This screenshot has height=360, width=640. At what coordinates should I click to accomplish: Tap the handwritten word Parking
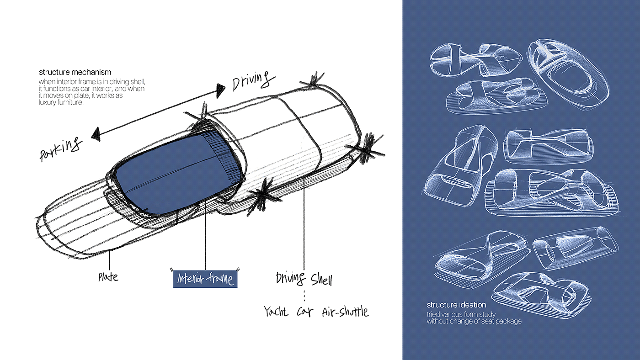(x=61, y=148)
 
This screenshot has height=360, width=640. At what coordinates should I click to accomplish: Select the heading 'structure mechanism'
(x=75, y=72)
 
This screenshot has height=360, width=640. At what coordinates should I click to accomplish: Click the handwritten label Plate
(x=108, y=276)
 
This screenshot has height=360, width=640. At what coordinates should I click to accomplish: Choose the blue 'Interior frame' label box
(x=206, y=278)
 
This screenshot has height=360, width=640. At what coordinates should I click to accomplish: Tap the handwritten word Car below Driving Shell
(x=304, y=312)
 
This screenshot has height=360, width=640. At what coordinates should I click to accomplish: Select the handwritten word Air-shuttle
(x=345, y=312)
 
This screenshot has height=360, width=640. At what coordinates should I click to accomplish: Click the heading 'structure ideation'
(x=456, y=305)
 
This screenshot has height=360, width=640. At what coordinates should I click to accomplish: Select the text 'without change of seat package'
(x=474, y=321)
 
